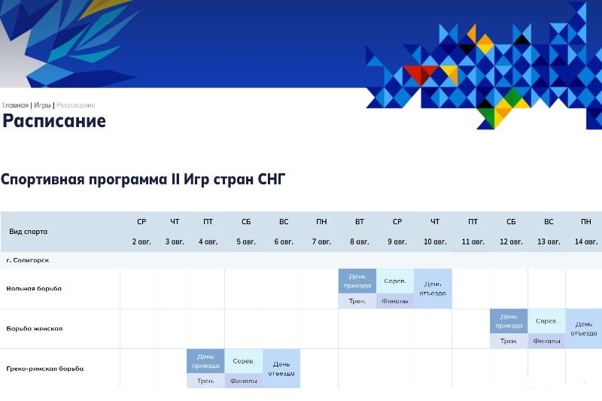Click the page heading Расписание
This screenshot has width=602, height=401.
(x=54, y=121)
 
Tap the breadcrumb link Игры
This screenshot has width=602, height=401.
(x=42, y=105)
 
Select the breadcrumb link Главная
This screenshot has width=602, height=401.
(x=15, y=105)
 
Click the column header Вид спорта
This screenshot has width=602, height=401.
(x=29, y=232)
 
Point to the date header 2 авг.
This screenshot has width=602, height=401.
(x=141, y=242)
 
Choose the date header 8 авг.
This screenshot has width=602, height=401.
(x=360, y=242)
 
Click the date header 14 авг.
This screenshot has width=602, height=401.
(x=586, y=242)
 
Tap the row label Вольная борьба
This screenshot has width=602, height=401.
(x=34, y=289)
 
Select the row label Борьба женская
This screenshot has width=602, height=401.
(x=35, y=329)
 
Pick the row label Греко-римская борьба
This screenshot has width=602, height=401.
(x=45, y=369)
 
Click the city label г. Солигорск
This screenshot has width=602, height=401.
(x=28, y=260)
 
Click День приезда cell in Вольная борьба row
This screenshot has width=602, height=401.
(x=357, y=281)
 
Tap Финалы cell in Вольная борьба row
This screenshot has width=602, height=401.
(x=395, y=301)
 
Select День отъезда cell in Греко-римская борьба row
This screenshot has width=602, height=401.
(x=281, y=369)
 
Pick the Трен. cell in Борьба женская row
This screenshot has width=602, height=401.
(x=509, y=341)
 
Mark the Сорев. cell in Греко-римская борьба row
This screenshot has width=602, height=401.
(x=244, y=361)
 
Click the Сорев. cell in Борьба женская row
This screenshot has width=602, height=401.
(x=546, y=321)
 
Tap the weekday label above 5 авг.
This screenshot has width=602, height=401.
(x=246, y=222)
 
